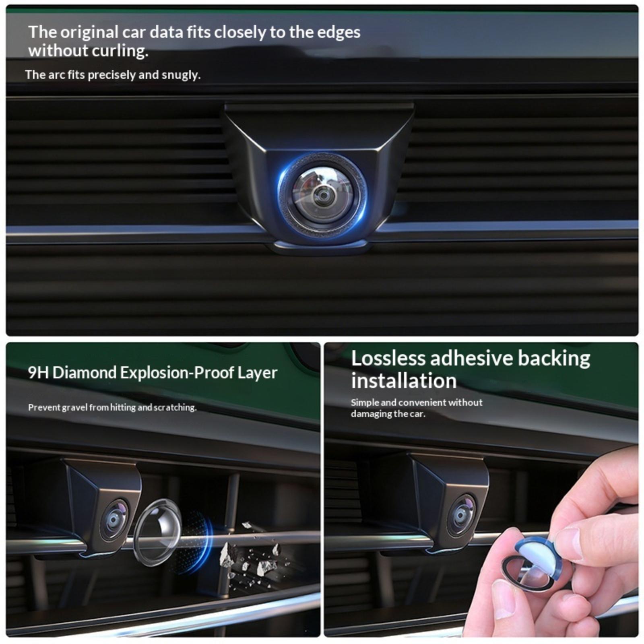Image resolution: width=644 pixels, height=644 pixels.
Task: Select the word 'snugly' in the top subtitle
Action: (181, 75)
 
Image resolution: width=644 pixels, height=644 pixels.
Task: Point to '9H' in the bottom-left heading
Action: (38, 373)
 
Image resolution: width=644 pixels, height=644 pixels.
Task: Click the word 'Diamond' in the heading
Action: (85, 373)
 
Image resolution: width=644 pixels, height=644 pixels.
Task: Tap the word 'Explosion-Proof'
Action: (177, 373)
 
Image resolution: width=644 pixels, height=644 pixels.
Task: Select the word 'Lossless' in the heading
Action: (388, 358)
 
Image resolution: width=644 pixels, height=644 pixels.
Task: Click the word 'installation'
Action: (404, 381)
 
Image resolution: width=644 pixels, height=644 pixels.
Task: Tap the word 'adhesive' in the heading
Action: (471, 358)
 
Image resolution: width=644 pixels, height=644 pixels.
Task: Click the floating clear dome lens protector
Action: (157, 532)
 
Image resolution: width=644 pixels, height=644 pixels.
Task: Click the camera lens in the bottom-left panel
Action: (114, 520)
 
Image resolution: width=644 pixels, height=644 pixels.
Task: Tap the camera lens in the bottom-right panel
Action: (461, 516)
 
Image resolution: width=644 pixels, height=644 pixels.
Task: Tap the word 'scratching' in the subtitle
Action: (175, 408)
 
